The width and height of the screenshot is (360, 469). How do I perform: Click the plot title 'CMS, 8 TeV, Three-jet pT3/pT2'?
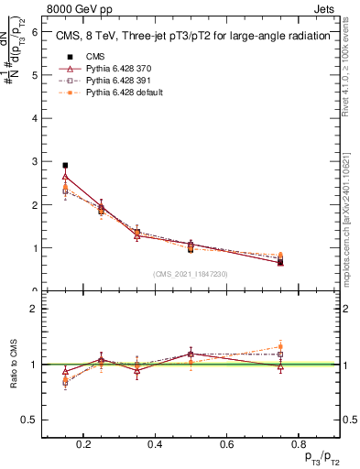pyautogui.click(x=182, y=38)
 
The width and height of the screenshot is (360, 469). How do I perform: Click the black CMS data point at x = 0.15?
pyautogui.click(x=65, y=166)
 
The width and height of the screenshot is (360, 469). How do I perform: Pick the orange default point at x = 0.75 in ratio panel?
pyautogui.click(x=280, y=347)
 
